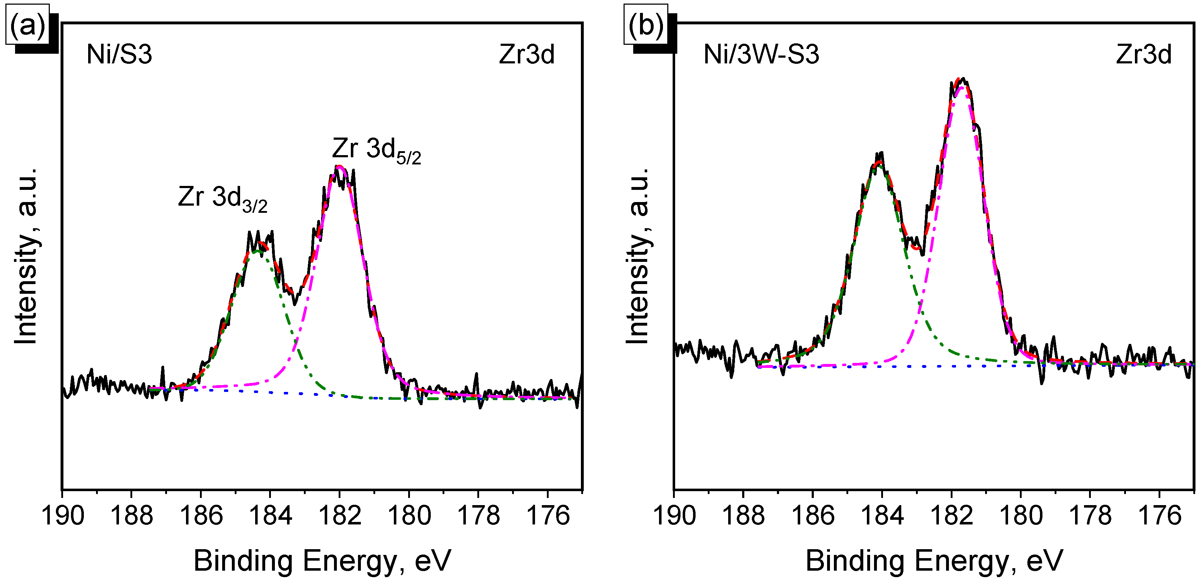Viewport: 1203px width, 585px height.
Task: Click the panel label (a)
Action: [27, 26]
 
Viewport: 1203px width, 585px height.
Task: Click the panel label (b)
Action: [646, 26]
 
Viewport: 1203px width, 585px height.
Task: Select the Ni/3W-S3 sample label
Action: [761, 54]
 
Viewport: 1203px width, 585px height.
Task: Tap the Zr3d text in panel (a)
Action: [527, 54]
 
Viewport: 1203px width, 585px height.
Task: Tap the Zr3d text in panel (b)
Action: [1144, 54]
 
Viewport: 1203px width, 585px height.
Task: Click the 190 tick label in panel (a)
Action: [63, 516]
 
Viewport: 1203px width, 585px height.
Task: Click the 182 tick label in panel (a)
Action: [340, 516]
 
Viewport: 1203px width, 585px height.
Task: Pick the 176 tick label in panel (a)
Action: [548, 516]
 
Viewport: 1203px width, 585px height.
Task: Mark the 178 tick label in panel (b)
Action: [1090, 516]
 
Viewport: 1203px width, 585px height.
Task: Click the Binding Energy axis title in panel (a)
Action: [322, 561]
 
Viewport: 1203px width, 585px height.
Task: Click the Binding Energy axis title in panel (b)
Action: [934, 561]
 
